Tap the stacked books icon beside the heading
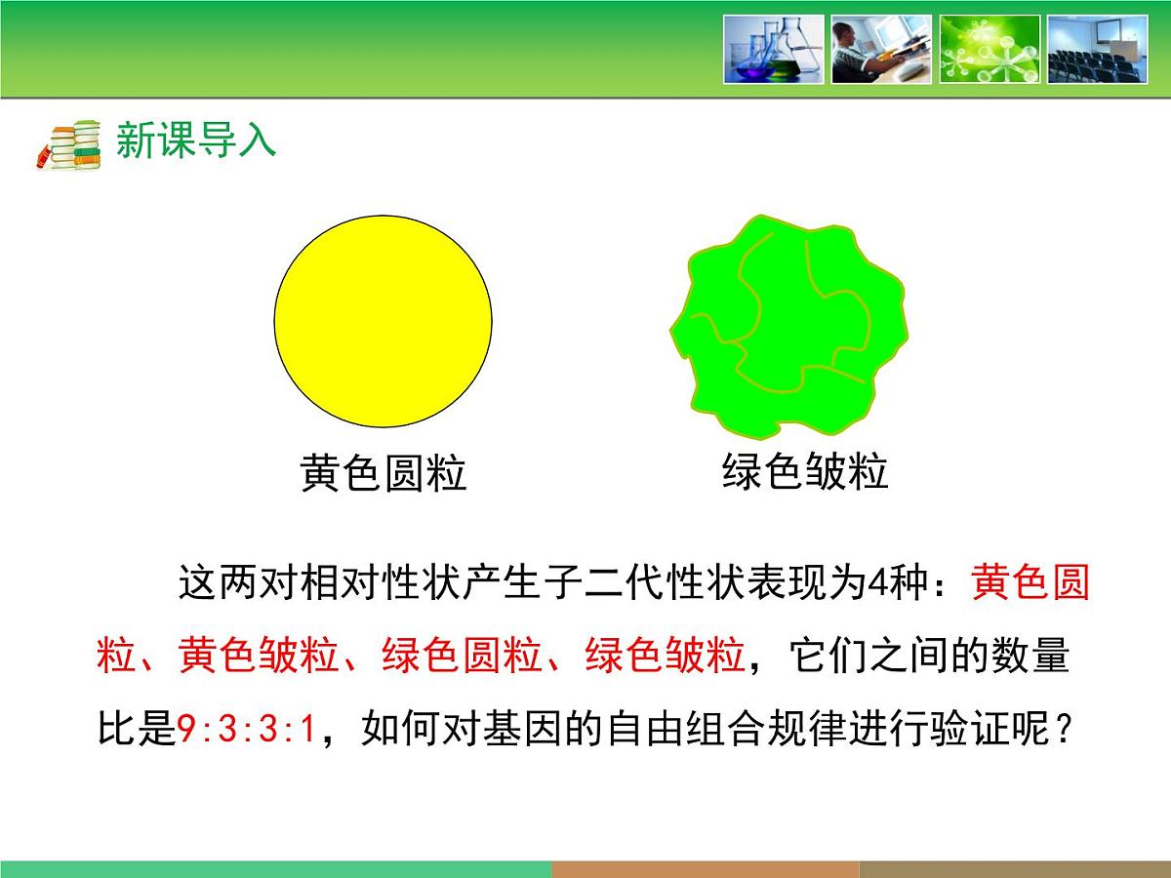click(x=70, y=144)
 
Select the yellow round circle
click(x=383, y=318)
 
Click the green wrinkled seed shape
click(x=788, y=318)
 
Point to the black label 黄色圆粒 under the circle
click(x=383, y=475)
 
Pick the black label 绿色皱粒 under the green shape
click(x=805, y=472)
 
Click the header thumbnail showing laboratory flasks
click(x=773, y=49)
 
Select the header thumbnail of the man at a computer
click(x=881, y=49)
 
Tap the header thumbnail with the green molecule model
click(x=989, y=49)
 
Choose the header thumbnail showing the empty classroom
click(x=1097, y=49)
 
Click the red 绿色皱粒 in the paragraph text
click(x=665, y=656)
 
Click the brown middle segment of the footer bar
click(x=705, y=868)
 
